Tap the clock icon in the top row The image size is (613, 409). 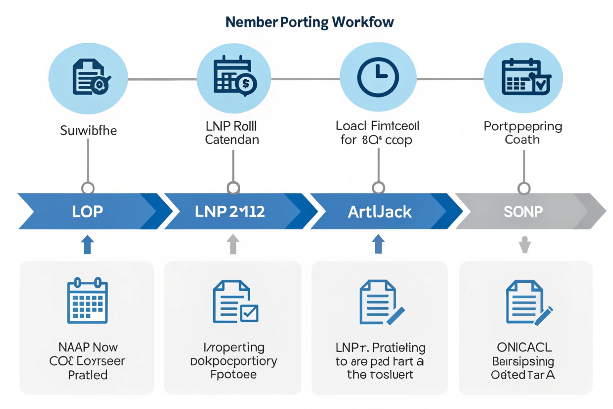click(x=378, y=77)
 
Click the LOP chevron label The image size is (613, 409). click(x=87, y=211)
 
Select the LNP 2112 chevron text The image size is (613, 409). click(x=230, y=211)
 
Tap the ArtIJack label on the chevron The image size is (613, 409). click(x=380, y=212)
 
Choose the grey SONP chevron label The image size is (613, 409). click(x=523, y=211)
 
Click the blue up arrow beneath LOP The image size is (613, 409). click(x=87, y=244)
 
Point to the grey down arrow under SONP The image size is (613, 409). click(x=524, y=244)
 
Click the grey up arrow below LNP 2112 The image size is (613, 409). click(x=233, y=244)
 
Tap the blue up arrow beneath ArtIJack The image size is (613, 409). click(x=378, y=244)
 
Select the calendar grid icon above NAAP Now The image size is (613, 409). click(x=87, y=300)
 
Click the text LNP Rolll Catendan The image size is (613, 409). click(x=232, y=133)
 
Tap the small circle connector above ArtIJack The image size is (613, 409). click(x=378, y=188)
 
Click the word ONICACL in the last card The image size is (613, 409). click(x=524, y=347)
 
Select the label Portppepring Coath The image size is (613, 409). click(x=523, y=133)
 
